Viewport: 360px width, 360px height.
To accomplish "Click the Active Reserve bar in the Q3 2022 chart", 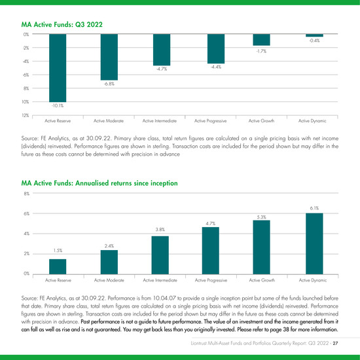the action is click(58, 68).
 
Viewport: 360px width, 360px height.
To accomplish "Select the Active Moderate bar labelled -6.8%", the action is click(109, 57).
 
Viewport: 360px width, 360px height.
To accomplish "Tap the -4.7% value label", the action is click(162, 69).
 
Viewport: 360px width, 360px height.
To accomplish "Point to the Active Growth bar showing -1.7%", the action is click(262, 40).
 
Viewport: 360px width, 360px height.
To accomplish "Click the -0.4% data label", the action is click(314, 41).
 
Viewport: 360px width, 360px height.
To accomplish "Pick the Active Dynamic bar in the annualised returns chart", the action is click(314, 243).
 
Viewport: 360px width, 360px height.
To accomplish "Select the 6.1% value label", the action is click(314, 208).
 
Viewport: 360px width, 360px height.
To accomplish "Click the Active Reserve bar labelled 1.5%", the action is click(58, 266).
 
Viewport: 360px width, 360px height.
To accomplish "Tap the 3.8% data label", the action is click(160, 229).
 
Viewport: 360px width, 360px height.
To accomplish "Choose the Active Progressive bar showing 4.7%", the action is click(211, 251).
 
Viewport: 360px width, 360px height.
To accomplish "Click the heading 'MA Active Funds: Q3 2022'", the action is click(62, 25).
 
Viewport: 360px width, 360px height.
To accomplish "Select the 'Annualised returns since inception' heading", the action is click(126, 183).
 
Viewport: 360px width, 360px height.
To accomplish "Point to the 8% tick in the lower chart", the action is click(27, 194).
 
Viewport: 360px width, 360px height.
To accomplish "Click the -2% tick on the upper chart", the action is click(26, 48).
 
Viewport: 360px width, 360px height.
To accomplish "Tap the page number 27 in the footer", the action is click(335, 343).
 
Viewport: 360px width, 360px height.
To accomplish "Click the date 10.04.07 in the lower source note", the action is click(164, 298).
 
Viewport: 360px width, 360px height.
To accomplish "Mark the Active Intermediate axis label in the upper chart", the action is click(160, 121).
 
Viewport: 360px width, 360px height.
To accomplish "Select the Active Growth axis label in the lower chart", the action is click(262, 280).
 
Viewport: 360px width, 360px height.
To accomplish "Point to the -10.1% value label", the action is click(58, 105).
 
